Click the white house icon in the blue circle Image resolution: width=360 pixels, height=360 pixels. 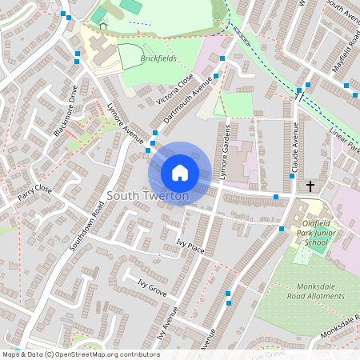(x=180, y=172)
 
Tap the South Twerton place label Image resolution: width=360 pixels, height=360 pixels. (x=148, y=196)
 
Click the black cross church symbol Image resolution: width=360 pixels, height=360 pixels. (x=310, y=186)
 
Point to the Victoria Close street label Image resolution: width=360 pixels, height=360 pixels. (x=174, y=90)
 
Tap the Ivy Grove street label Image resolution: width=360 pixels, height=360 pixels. (x=152, y=289)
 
